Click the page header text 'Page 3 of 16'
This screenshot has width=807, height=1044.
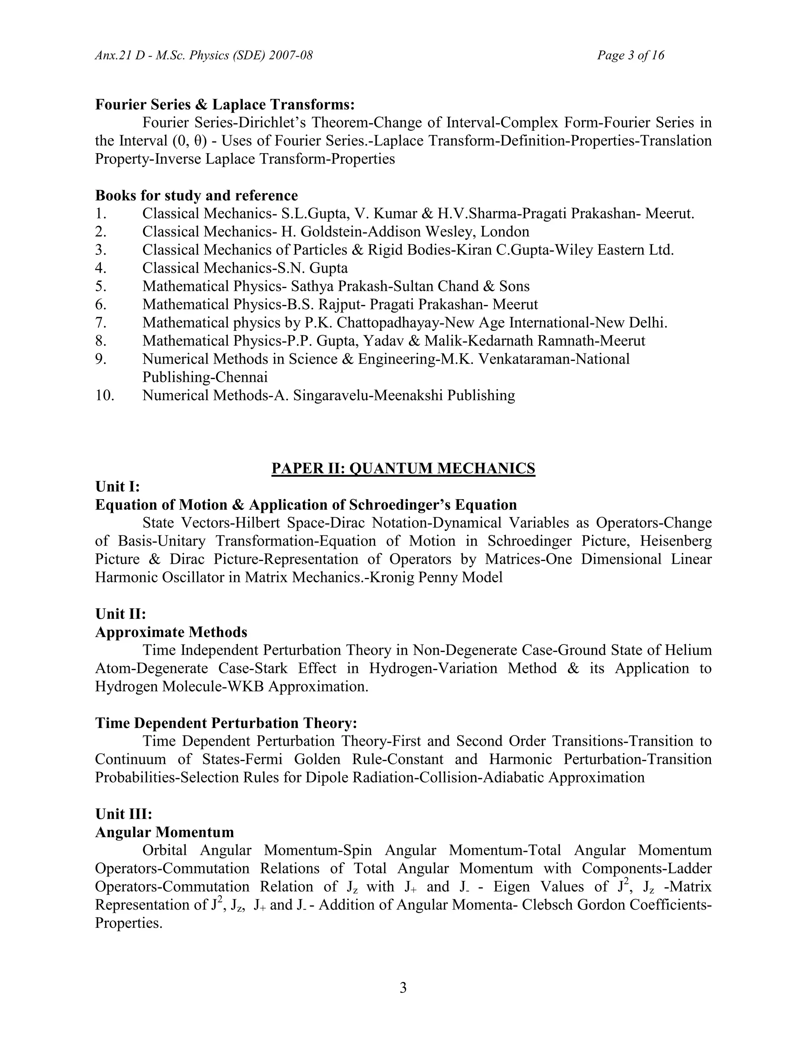[630, 56]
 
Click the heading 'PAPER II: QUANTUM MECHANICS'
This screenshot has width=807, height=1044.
[403, 468]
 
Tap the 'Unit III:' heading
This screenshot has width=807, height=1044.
[123, 814]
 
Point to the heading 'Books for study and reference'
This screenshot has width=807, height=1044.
[196, 195]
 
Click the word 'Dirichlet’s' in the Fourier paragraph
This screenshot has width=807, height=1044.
[272, 123]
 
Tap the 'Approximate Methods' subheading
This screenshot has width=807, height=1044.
[171, 632]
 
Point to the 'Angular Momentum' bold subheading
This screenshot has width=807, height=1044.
[164, 832]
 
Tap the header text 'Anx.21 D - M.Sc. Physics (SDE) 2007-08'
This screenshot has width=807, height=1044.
[204, 56]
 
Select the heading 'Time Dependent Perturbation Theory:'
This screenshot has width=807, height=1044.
[226, 723]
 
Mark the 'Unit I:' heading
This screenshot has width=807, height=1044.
[117, 487]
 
